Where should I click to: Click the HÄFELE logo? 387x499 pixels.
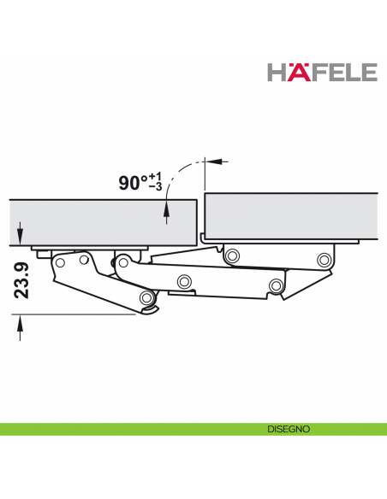(x=322, y=71)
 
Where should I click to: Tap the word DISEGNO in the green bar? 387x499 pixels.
(x=286, y=430)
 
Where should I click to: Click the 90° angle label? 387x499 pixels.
(x=133, y=183)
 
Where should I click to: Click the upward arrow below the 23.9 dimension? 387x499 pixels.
(x=20, y=326)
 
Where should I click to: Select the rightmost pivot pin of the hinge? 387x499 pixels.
(x=323, y=259)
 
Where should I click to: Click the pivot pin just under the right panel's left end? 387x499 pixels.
(x=231, y=255)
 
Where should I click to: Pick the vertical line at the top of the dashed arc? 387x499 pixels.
(x=205, y=175)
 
